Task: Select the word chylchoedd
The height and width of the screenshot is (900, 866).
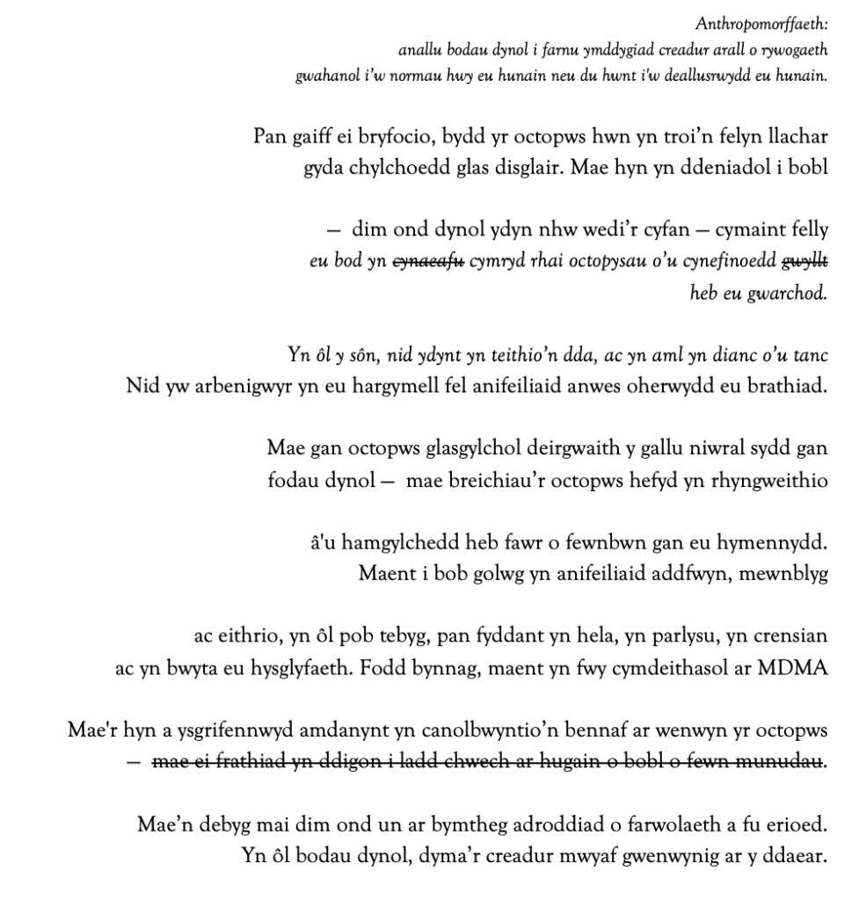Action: pyautogui.click(x=374, y=168)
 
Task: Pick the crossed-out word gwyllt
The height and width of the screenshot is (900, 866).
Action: pyautogui.click(x=804, y=262)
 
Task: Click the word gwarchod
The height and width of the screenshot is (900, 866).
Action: pyautogui.click(x=789, y=293)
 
